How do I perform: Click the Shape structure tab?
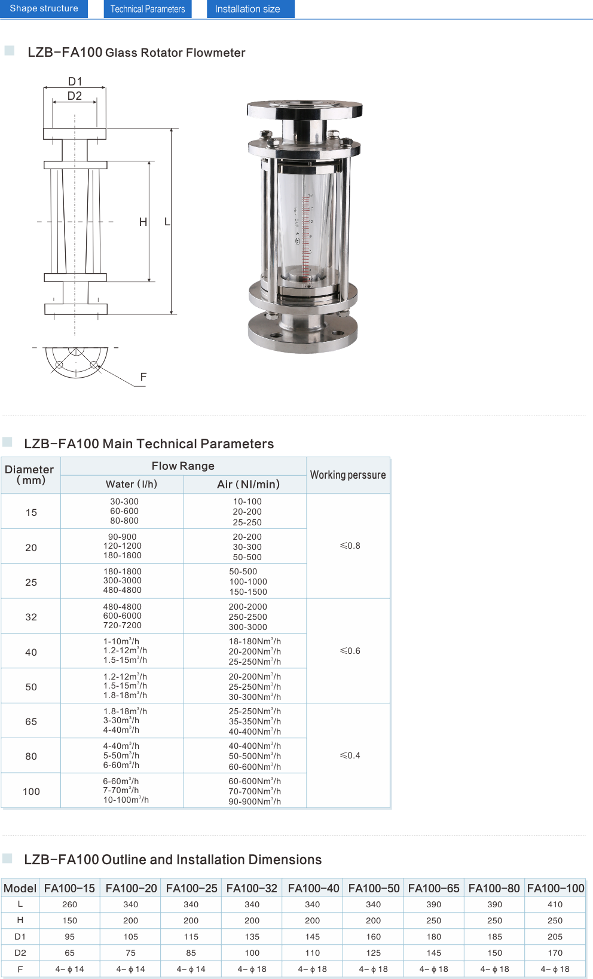coord(44,9)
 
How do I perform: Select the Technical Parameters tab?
coord(148,9)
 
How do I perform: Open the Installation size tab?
coord(250,9)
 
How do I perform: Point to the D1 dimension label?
coord(75,81)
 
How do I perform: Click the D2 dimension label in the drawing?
coord(75,96)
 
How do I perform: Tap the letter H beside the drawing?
coord(143,222)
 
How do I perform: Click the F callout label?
coord(143,377)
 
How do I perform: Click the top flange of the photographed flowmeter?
coord(305,109)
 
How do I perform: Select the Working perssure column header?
coord(348,475)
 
